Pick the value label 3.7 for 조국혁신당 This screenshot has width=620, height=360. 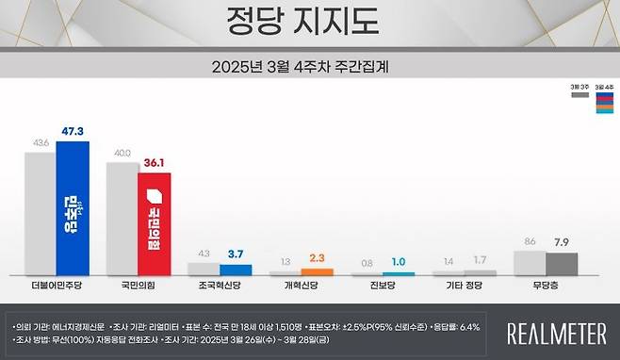click(x=235, y=255)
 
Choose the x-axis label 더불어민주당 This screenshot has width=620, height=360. click(x=57, y=285)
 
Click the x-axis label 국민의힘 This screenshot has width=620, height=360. click(x=138, y=285)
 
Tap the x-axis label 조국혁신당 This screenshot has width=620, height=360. click(x=219, y=285)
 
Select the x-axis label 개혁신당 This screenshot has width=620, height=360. click(x=301, y=285)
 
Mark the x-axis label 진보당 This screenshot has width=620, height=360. click(x=382, y=285)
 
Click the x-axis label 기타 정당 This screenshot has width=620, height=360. click(x=462, y=285)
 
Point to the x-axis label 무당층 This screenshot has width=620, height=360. click(x=544, y=285)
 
